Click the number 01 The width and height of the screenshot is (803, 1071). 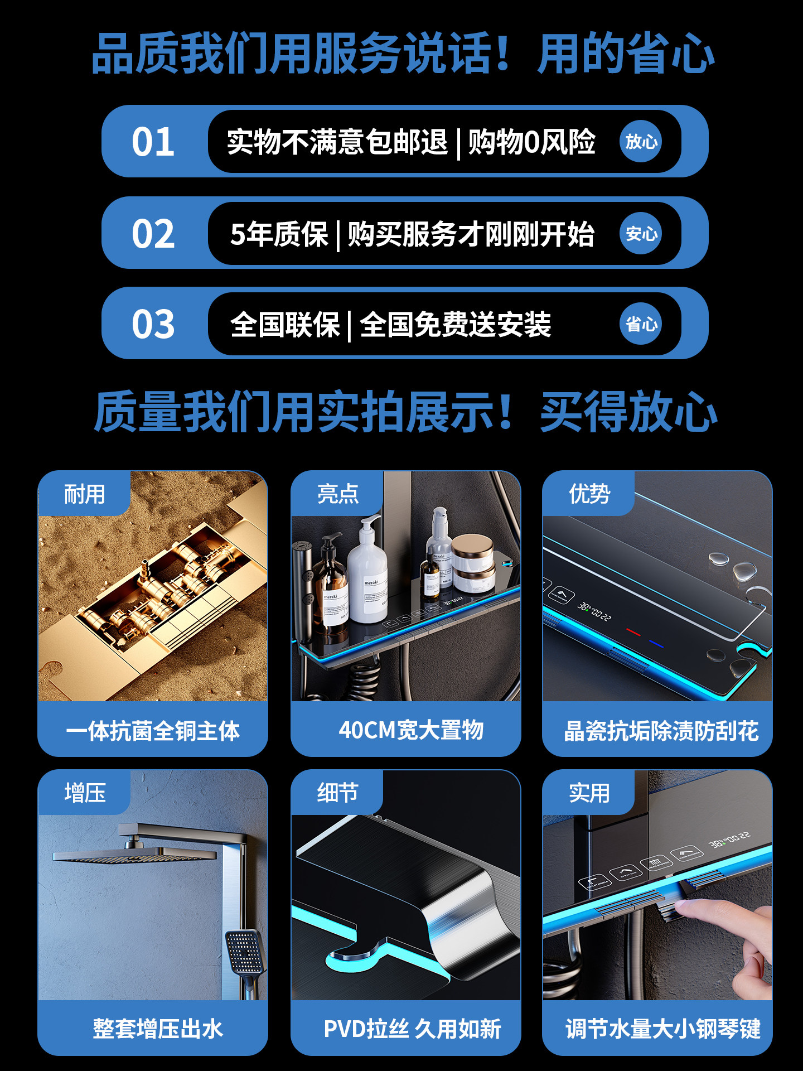[x=153, y=142]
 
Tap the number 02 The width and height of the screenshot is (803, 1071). [x=153, y=233]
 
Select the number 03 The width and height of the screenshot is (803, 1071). [x=153, y=324]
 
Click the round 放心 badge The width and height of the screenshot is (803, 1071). [x=641, y=142]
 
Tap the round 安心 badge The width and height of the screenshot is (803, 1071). [x=641, y=233]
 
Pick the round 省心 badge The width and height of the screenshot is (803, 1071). [x=641, y=324]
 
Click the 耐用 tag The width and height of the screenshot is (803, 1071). [x=85, y=494]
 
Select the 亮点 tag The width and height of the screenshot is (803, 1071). [x=337, y=494]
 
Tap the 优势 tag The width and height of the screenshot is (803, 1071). [x=589, y=494]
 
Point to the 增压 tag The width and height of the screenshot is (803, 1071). [x=85, y=793]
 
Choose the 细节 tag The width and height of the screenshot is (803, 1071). [x=337, y=793]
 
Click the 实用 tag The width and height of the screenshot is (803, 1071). [x=589, y=793]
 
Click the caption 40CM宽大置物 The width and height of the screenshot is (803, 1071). [x=411, y=730]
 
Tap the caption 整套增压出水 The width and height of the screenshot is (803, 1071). [x=158, y=1029]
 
